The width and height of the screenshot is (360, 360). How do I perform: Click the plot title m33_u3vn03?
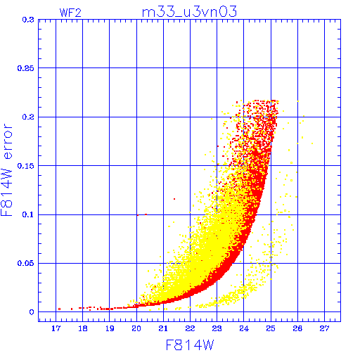pos(189,12)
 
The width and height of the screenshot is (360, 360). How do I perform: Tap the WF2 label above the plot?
pos(70,13)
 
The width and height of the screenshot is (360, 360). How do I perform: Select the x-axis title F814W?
pos(190,345)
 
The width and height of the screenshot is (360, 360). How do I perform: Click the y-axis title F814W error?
pos(6,169)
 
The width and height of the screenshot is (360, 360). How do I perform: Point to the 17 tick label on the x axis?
pos(56,328)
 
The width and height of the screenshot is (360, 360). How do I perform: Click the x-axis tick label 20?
pos(136,328)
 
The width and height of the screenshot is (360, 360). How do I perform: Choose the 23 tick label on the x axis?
pos(217,328)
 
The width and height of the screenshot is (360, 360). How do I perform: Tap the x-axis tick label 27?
pos(324,328)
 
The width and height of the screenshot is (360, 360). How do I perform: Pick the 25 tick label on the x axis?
pos(271,328)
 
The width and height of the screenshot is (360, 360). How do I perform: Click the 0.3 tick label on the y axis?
pos(28,20)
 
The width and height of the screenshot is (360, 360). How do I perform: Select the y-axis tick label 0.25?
pos(26,68)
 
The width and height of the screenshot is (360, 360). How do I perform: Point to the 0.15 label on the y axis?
pos(26,166)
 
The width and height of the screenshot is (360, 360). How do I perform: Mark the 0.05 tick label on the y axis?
pos(26,263)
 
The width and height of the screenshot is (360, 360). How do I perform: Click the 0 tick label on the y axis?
pos(32,312)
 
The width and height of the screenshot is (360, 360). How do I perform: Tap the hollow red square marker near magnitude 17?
pos(59,309)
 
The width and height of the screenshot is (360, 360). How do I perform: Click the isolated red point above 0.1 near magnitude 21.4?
pos(174,199)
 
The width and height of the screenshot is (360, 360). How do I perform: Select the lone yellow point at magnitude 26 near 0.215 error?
pos(298,101)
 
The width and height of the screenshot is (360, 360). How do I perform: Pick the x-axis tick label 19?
pos(110,328)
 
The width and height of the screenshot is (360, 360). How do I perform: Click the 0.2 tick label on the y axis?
pos(28,117)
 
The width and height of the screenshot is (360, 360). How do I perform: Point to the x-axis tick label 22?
pos(190,328)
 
